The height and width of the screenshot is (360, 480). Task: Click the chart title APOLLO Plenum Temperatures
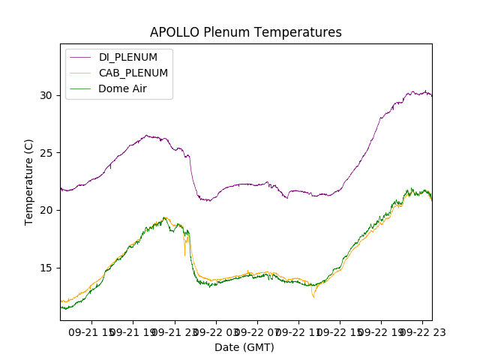[x=245, y=32]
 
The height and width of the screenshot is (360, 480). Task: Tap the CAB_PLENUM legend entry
[x=133, y=73]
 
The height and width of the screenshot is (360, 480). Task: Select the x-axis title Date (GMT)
[x=244, y=347]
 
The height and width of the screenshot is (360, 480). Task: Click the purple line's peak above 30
[x=425, y=91]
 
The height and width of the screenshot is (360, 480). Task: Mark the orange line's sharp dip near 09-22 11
[x=313, y=298]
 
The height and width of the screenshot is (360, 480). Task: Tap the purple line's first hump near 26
[x=148, y=136]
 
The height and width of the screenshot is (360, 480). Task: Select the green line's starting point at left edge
[x=61, y=307]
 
